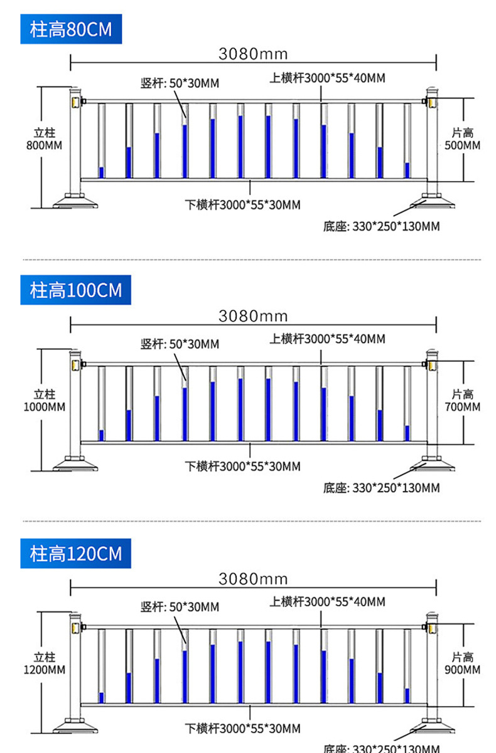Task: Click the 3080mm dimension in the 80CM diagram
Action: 252,54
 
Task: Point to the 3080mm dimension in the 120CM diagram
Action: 252,579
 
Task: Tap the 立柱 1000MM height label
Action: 45,401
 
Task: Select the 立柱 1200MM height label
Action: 45,663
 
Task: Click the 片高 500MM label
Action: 463,139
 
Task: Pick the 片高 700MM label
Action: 463,401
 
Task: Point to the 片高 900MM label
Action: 463,663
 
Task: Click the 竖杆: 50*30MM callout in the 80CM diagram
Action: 180,83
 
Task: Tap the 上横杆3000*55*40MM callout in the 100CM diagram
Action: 327,339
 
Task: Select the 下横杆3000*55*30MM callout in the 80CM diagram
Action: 242,204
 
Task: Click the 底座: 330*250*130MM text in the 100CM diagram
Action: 381,488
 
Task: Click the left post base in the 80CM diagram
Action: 75,201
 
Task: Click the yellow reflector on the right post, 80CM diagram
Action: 431,102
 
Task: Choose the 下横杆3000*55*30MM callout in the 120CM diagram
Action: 242,729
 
